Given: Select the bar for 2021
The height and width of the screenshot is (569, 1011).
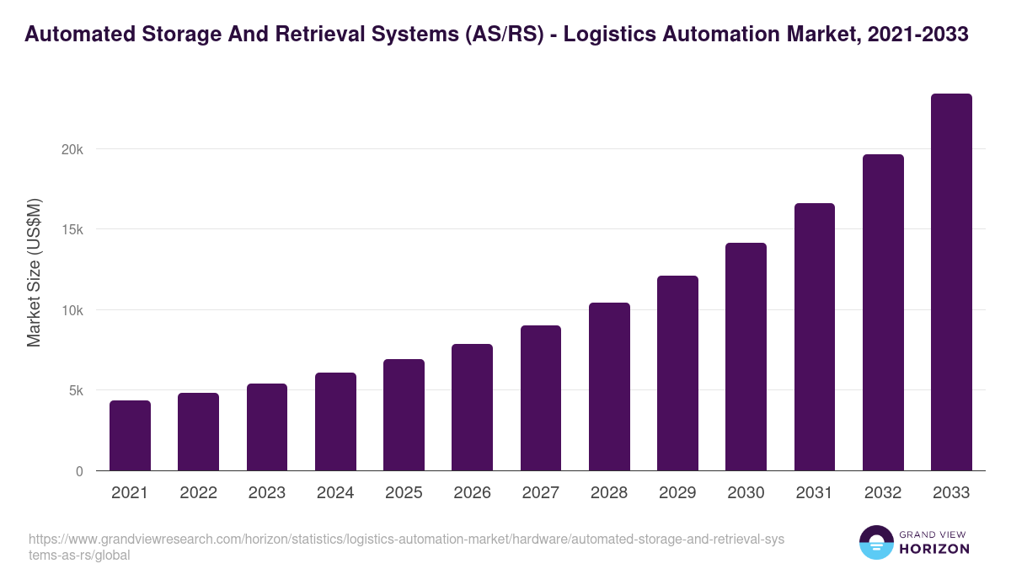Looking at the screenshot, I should pyautogui.click(x=130, y=436).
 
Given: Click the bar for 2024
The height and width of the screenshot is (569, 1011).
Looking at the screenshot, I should pyautogui.click(x=335, y=421).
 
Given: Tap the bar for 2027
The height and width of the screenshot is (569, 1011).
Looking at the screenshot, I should pyautogui.click(x=541, y=398).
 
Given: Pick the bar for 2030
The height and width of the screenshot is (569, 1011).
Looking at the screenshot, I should pyautogui.click(x=746, y=357).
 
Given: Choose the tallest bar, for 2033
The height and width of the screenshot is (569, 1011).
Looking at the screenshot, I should pyautogui.click(x=951, y=282).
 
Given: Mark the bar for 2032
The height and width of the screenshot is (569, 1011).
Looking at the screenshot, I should pyautogui.click(x=883, y=313).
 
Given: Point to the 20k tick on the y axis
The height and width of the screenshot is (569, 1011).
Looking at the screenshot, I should pyautogui.click(x=73, y=149).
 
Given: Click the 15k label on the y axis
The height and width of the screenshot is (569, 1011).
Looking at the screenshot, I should pyautogui.click(x=73, y=229).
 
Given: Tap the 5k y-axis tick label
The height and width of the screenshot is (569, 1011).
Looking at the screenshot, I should pyautogui.click(x=76, y=391).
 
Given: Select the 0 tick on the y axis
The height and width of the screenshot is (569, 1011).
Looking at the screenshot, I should pyautogui.click(x=79, y=471).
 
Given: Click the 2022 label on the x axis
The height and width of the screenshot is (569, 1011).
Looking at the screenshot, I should pyautogui.click(x=198, y=493).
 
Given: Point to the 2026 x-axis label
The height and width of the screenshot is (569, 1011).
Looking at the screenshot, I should pyautogui.click(x=472, y=493).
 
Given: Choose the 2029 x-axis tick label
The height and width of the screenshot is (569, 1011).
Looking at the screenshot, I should pyautogui.click(x=677, y=493).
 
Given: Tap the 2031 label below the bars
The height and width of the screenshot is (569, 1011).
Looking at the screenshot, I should pyautogui.click(x=815, y=493).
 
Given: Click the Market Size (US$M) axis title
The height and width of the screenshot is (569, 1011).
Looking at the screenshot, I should pyautogui.click(x=34, y=272).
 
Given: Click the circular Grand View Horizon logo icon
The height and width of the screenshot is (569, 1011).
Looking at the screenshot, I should pyautogui.click(x=875, y=542).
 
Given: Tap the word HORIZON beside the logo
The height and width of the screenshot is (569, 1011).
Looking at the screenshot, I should pyautogui.click(x=934, y=549).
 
